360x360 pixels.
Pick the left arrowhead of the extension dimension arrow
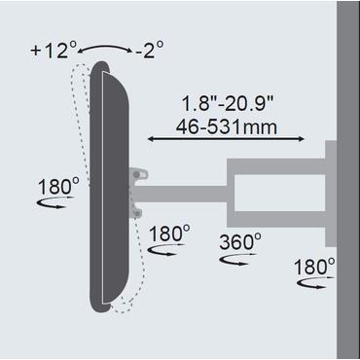click(151, 142)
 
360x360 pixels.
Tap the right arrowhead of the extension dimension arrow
click(309, 142)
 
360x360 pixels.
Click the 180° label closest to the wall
click(316, 266)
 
